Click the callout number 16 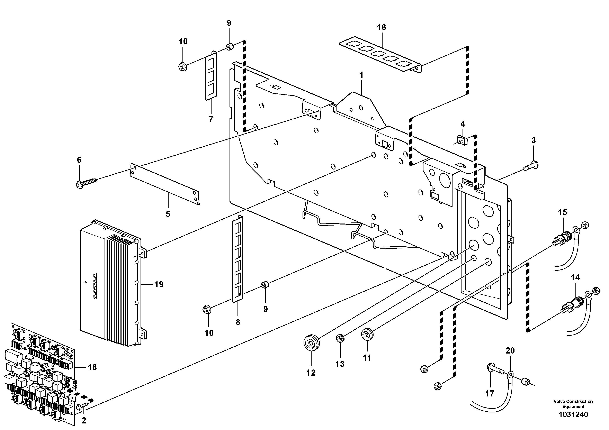coord(382,28)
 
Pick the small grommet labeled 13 coord(340,338)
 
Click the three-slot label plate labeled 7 coord(211,76)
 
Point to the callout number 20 coord(510,351)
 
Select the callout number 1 coord(361,75)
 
